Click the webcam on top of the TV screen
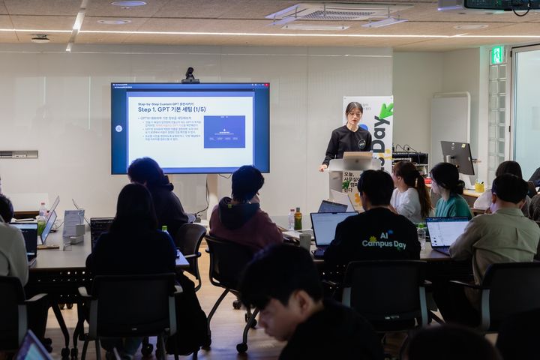[x=190, y=74]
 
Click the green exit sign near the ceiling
[x=496, y=55]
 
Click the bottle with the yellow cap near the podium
[x=298, y=219]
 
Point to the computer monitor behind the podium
[x=457, y=155]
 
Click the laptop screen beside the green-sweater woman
[x=445, y=232]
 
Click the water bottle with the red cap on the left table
[x=43, y=210]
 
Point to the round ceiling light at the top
[x=129, y=4]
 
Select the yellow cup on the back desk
[x=478, y=187]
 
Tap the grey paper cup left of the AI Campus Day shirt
[x=304, y=240]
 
